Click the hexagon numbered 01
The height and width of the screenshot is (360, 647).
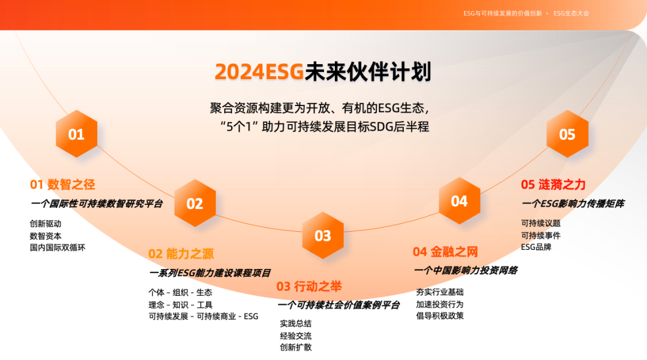click(x=76, y=134)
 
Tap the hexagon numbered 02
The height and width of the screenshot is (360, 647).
click(x=195, y=204)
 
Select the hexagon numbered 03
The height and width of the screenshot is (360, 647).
click(x=323, y=235)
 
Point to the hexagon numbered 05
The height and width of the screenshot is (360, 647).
click(x=567, y=134)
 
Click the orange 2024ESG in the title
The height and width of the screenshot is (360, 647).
click(x=259, y=72)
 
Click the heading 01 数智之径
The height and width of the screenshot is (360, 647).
click(x=63, y=184)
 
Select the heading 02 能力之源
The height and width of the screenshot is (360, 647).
click(x=181, y=253)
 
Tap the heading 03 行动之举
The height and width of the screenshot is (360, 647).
click(x=309, y=286)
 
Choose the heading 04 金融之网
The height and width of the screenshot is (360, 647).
click(x=445, y=252)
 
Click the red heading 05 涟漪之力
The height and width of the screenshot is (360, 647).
click(x=553, y=184)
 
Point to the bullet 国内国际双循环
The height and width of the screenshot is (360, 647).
click(x=58, y=247)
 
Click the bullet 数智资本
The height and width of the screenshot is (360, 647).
click(x=46, y=235)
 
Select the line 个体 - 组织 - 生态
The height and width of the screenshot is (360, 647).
click(x=180, y=292)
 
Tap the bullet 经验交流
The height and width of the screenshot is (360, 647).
click(x=295, y=335)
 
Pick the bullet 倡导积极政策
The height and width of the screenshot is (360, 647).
click(x=440, y=315)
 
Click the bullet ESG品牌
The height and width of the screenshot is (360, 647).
click(x=536, y=246)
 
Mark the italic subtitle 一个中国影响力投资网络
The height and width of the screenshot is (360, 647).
click(x=465, y=270)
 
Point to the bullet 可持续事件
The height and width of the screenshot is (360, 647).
click(x=541, y=235)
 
